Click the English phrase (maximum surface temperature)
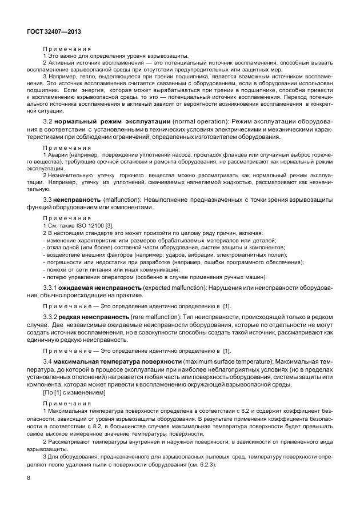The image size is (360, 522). pos(227,362)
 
